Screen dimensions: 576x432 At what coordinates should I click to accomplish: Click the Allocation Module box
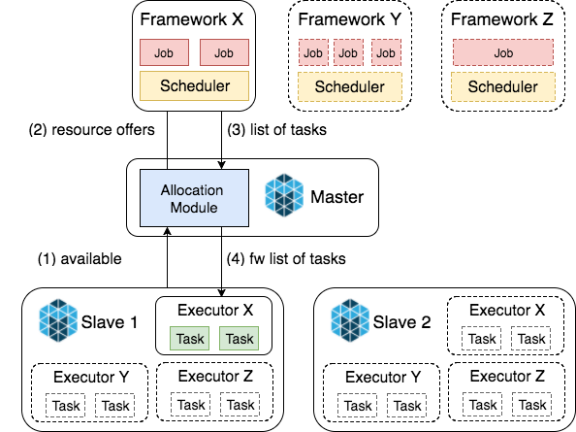pyautogui.click(x=194, y=198)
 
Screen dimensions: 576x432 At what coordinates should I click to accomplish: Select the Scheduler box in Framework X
pyautogui.click(x=194, y=86)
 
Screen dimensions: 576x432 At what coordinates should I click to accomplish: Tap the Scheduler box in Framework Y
pyautogui.click(x=350, y=86)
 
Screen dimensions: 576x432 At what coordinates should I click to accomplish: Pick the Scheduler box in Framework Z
pyautogui.click(x=503, y=86)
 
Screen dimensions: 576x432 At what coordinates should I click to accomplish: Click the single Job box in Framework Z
pyautogui.click(x=503, y=52)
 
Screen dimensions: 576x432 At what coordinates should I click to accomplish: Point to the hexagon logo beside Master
pyautogui.click(x=284, y=195)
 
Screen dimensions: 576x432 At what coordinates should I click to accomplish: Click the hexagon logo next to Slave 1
pyautogui.click(x=58, y=320)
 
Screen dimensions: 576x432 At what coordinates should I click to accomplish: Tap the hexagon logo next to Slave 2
pyautogui.click(x=350, y=320)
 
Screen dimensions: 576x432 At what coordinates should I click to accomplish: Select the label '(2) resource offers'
pyautogui.click(x=92, y=130)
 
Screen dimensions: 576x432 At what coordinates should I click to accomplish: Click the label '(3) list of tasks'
pyautogui.click(x=277, y=130)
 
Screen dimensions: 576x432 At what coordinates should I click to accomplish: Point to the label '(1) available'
pyautogui.click(x=80, y=259)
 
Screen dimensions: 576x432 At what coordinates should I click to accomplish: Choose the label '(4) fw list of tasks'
pyautogui.click(x=286, y=259)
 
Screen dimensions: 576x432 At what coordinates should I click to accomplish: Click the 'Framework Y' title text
pyautogui.click(x=349, y=19)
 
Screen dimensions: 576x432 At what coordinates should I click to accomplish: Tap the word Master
pyautogui.click(x=337, y=197)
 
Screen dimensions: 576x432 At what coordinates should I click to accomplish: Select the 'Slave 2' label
pyautogui.click(x=401, y=322)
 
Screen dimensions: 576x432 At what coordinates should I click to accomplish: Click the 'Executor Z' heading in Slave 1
pyautogui.click(x=215, y=376)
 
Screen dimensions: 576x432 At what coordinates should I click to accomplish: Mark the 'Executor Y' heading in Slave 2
pyautogui.click(x=383, y=377)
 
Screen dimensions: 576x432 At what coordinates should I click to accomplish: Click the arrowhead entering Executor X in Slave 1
pyautogui.click(x=221, y=293)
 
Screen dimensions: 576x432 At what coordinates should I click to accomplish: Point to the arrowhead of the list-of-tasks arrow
pyautogui.click(x=221, y=166)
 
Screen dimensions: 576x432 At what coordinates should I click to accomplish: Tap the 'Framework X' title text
pyautogui.click(x=192, y=19)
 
